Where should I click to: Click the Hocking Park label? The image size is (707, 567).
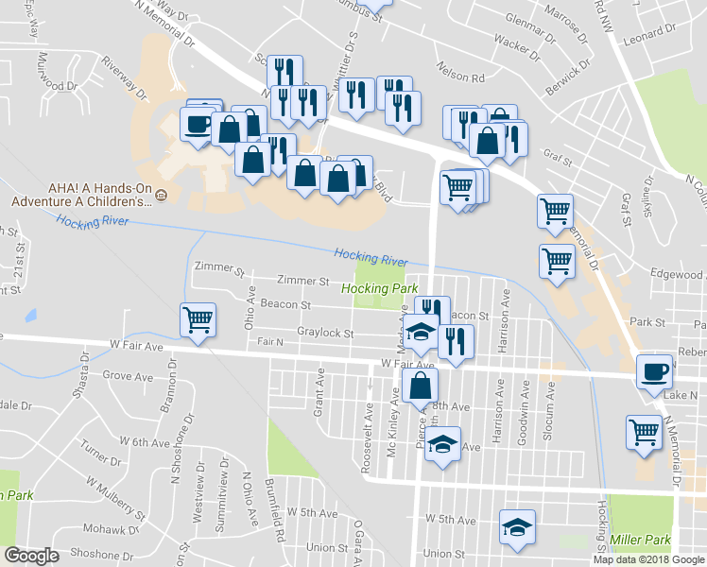(379, 287)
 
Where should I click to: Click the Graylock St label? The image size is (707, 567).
(325, 333)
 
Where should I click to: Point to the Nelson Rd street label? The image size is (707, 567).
(459, 70)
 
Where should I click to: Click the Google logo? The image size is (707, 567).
(31, 556)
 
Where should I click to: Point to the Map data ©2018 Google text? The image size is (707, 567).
(648, 559)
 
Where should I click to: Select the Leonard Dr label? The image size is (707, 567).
(646, 35)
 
